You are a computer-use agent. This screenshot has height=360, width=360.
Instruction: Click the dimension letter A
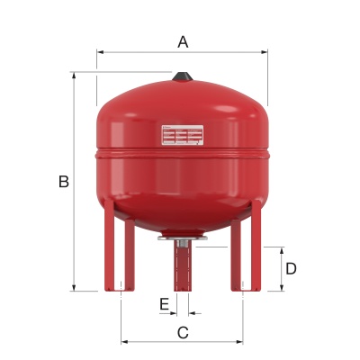coord(183,40)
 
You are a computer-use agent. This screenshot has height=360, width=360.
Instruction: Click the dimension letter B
coord(63,182)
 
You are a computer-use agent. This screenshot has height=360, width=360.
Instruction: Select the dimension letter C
coord(183,332)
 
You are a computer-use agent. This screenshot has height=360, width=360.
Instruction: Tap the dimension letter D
coord(291,268)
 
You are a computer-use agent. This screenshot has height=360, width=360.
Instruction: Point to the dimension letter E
coord(164,304)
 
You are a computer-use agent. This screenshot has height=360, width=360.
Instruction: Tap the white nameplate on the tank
coord(183,135)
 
